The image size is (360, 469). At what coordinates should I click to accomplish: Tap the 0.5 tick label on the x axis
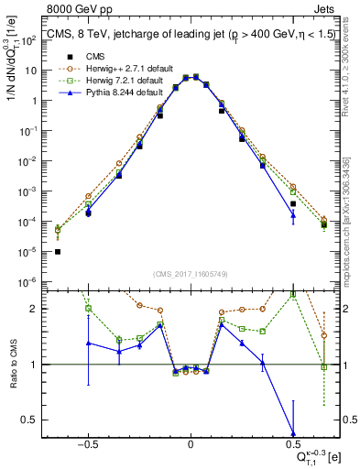tap(292, 445)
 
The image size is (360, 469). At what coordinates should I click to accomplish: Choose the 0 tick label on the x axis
tap(190, 445)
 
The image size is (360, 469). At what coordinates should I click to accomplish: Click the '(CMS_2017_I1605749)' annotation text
tap(190, 274)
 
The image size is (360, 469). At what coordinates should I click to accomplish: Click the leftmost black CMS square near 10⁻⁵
tap(58, 251)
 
